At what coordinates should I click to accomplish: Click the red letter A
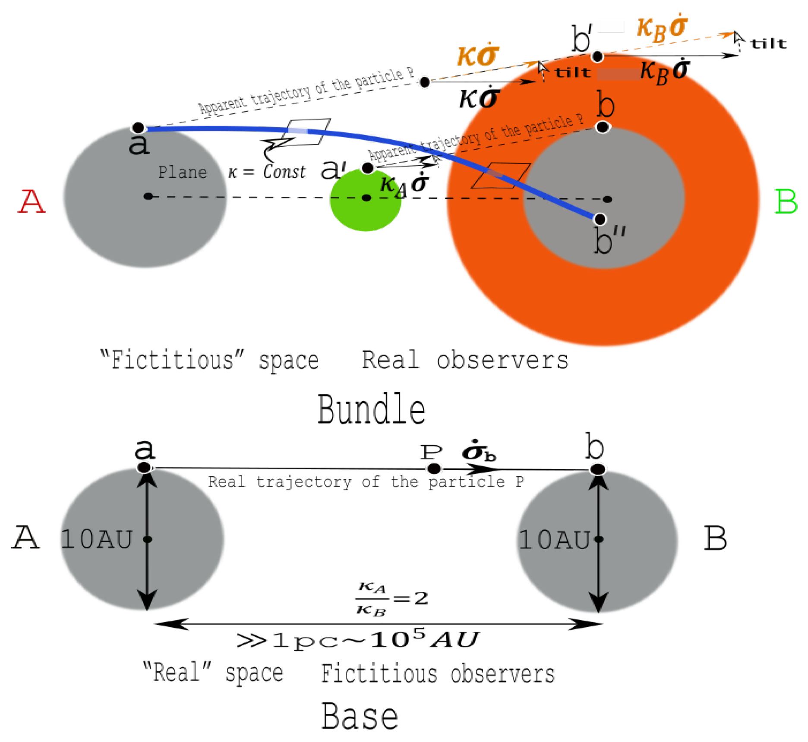pos(32,201)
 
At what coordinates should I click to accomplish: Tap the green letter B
pos(786,201)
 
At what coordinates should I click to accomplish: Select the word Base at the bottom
pos(360,716)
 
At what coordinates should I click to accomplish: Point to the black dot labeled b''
pos(600,219)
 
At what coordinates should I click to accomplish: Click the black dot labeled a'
pos(367,168)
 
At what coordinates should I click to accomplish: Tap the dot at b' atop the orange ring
pos(597,57)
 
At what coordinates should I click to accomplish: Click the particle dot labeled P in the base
pos(433,468)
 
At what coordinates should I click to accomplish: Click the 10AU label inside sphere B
pos(554,540)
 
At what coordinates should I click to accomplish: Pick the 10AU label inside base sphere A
pos(96,540)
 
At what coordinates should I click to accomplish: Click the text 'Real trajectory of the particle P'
pos(366,481)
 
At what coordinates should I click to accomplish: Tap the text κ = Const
pos(266,172)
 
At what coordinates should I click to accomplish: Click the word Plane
pos(183,173)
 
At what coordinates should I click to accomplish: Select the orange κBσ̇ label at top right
pos(662,28)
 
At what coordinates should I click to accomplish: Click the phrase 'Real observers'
pos(465,360)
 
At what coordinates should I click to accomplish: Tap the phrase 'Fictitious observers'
pos(438,674)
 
